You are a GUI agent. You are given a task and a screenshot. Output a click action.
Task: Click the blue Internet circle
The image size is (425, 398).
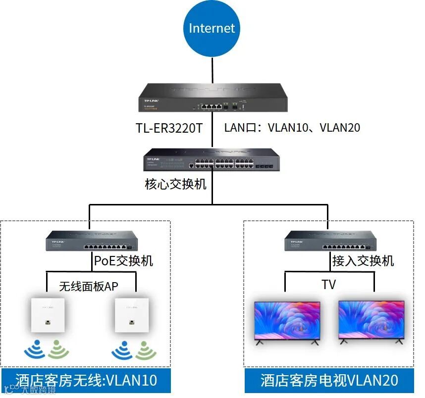pyautogui.click(x=212, y=28)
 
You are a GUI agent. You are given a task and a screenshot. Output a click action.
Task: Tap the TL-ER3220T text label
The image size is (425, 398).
pyautogui.click(x=169, y=128)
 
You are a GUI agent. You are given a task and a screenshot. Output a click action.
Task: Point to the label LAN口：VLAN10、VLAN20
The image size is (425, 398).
pyautogui.click(x=292, y=128)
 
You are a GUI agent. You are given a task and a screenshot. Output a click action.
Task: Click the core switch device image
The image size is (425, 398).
pyautogui.click(x=212, y=159)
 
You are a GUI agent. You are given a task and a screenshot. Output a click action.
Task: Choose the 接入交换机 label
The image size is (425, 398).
pyautogui.click(x=363, y=260)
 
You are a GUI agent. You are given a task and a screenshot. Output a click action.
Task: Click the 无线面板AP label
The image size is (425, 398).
pyautogui.click(x=89, y=286)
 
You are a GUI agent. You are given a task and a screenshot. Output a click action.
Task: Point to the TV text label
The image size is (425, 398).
pyautogui.click(x=328, y=285)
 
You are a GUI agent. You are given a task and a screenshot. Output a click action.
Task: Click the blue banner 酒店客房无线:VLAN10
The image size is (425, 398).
pyautogui.click(x=86, y=380)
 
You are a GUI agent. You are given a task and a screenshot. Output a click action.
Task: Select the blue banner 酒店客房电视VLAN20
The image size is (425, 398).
pyautogui.click(x=329, y=380)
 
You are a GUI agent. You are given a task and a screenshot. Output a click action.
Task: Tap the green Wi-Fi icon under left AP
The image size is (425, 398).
pyautogui.click(x=59, y=349)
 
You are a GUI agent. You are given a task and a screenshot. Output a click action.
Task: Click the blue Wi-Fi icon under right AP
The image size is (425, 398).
pyautogui.click(x=121, y=349)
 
